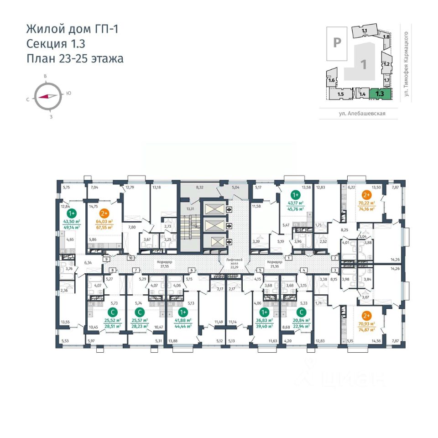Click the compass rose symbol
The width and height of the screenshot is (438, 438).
point(47,96)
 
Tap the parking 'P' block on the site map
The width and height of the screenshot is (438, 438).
point(337,42)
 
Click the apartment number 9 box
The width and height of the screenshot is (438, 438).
point(106,259)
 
